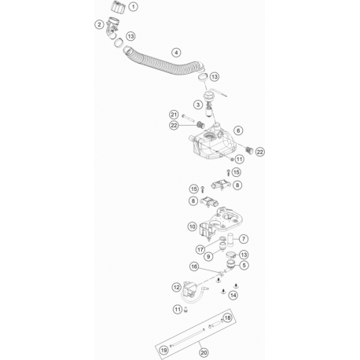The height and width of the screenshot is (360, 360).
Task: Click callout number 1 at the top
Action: click(x=134, y=6)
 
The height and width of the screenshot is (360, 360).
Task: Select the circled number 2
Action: click(x=99, y=24)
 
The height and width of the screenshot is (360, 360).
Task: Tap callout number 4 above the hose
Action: click(x=176, y=53)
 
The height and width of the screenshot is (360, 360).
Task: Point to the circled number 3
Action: click(x=198, y=105)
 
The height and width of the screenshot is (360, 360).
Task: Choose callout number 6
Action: click(x=238, y=130)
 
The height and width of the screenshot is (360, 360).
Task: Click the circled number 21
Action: click(x=174, y=115)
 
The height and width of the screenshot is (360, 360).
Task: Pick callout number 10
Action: click(x=193, y=226)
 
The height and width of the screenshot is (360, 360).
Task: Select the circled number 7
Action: click(x=244, y=239)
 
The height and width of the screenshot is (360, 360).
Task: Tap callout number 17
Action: click(x=200, y=250)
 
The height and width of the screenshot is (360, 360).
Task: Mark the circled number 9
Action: click(x=208, y=256)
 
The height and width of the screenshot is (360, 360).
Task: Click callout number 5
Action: click(x=244, y=265)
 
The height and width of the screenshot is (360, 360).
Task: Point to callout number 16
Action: click(x=194, y=266)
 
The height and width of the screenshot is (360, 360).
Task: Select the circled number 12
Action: click(x=177, y=288)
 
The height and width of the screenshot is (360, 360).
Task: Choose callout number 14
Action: click(x=233, y=296)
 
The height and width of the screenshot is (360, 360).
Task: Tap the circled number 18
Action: click(x=227, y=318)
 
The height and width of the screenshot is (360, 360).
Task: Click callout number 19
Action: click(x=163, y=350)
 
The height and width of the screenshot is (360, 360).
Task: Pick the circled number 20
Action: click(x=204, y=353)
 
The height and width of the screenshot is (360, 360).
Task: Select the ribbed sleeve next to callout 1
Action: click(x=117, y=6)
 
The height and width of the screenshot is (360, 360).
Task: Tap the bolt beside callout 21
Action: click(x=188, y=119)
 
